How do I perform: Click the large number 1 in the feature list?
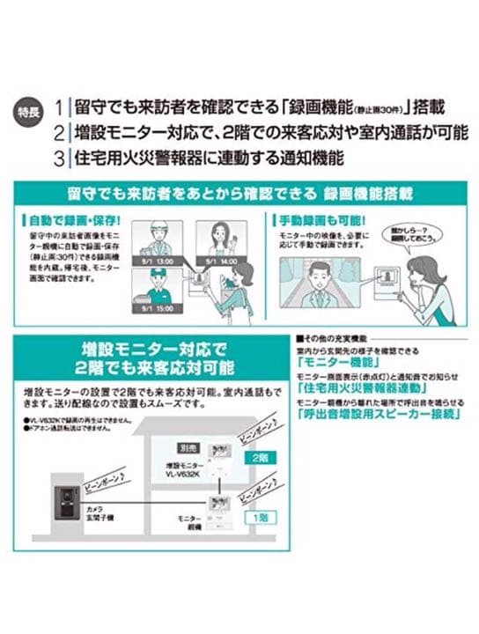tap(58, 107)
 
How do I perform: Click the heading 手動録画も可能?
tap(307, 217)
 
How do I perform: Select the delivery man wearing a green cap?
tap(151, 286)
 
